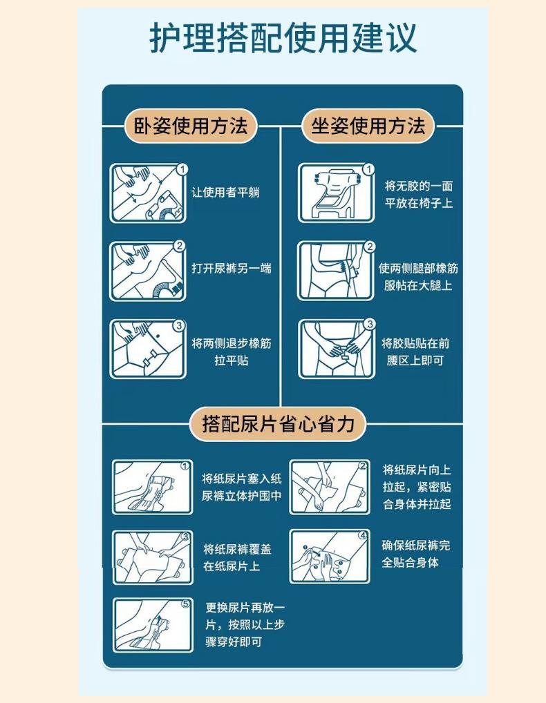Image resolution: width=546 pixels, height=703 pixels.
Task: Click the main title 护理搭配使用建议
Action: (x=283, y=38)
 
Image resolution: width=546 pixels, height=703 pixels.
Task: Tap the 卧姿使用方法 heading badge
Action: (x=191, y=126)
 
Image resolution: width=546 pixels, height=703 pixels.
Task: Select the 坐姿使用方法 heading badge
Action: (x=368, y=126)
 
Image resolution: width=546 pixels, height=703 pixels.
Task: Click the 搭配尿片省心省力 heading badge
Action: (x=278, y=424)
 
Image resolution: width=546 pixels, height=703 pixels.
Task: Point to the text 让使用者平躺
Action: (x=225, y=193)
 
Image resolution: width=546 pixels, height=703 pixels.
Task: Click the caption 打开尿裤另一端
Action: (x=231, y=268)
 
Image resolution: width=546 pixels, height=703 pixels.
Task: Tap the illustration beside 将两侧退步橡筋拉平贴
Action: (x=148, y=349)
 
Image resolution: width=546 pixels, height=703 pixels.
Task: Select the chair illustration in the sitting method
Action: (x=336, y=193)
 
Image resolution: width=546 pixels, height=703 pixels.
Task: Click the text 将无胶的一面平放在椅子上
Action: (x=419, y=195)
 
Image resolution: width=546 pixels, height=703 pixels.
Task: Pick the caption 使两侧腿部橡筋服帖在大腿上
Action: (x=418, y=277)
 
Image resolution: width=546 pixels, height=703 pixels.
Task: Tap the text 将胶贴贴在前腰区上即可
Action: (x=415, y=352)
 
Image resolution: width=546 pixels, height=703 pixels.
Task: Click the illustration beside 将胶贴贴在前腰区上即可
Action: (x=336, y=349)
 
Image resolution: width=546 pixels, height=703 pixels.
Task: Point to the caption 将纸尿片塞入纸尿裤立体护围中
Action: (x=242, y=488)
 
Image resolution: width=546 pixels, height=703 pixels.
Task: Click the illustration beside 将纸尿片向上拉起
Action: (x=330, y=487)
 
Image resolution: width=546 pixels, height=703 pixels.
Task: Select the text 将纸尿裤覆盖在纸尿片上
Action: (x=237, y=557)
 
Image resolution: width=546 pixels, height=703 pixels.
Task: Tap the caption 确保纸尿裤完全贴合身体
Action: (x=415, y=554)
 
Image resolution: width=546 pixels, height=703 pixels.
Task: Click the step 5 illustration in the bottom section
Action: (x=153, y=625)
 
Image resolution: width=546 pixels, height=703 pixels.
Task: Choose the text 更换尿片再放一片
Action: (x=245, y=616)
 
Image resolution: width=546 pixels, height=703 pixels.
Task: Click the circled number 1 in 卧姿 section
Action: (x=182, y=169)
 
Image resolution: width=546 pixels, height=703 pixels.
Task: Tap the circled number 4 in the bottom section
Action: (x=363, y=535)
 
